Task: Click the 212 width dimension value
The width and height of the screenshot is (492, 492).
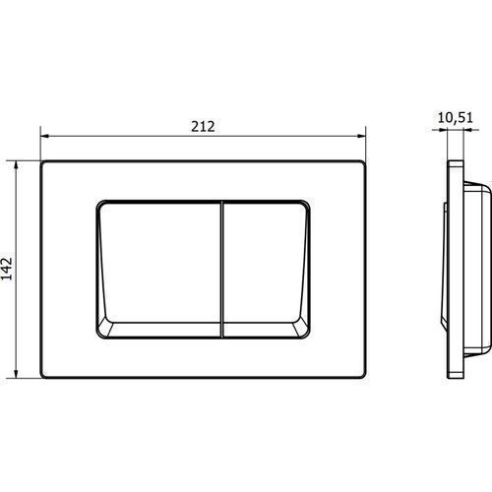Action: click(x=203, y=127)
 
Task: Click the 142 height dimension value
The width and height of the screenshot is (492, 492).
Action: click(x=7, y=269)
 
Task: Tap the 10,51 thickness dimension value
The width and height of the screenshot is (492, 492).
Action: click(x=456, y=118)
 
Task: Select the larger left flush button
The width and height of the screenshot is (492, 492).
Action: click(x=159, y=269)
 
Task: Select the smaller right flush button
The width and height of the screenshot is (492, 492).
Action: click(x=267, y=269)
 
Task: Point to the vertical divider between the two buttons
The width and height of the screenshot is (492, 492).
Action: click(x=222, y=269)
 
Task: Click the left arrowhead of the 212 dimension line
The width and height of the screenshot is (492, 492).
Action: click(x=44, y=136)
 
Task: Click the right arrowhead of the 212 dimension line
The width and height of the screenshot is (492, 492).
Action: click(x=361, y=136)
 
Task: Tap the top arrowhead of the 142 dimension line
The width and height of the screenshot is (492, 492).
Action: click(x=16, y=165)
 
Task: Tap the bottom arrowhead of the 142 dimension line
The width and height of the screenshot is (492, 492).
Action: click(x=16, y=373)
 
